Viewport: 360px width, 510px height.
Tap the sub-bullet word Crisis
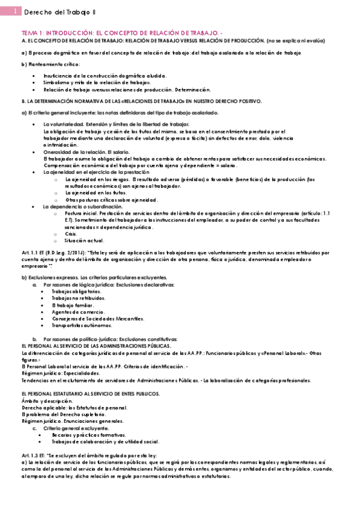click(71, 234)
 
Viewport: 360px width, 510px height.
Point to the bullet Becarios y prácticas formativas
click(88, 434)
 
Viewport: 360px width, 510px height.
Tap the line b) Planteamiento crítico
click(50, 64)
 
